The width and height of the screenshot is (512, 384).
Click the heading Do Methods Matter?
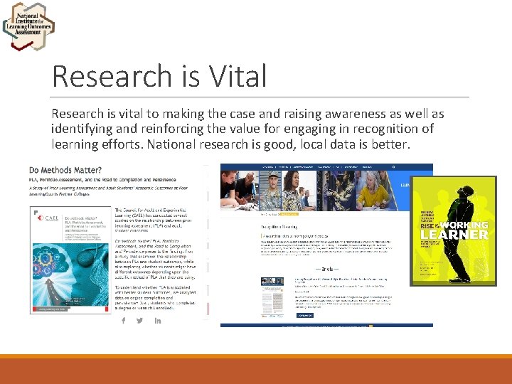click(65, 170)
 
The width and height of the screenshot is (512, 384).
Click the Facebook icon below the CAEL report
click(124, 320)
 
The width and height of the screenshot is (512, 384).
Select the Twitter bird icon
click(140, 320)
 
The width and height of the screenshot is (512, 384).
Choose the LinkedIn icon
click(158, 320)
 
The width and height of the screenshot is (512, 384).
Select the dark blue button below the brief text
click(304, 314)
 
